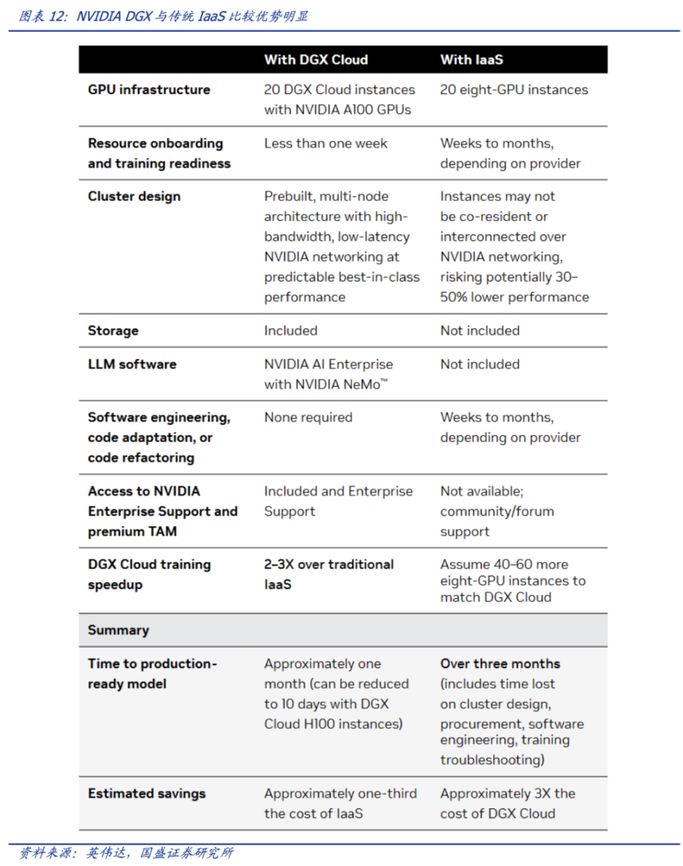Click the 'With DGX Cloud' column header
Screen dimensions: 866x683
[316, 60]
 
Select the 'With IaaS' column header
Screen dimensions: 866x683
[471, 60]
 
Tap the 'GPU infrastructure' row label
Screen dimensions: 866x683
[149, 90]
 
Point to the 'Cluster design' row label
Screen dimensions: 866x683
[134, 197]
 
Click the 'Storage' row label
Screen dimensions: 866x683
[113, 331]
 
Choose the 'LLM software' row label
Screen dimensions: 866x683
[132, 365]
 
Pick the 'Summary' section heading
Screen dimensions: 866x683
[118, 630]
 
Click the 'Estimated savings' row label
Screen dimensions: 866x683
[147, 794]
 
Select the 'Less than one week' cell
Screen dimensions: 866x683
[325, 143]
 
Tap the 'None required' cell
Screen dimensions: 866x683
[308, 417]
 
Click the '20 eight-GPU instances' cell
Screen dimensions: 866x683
[514, 90]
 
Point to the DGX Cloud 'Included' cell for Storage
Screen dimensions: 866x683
[290, 331]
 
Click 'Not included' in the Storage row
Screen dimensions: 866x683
[480, 331]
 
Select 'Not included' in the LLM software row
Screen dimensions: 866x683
[480, 365]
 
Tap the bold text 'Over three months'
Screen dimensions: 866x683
[500, 664]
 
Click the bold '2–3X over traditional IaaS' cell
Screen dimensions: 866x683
[328, 574]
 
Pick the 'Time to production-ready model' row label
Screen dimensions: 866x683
[152, 674]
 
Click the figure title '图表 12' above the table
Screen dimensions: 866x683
[43, 16]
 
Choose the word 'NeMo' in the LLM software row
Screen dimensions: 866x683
[362, 385]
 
